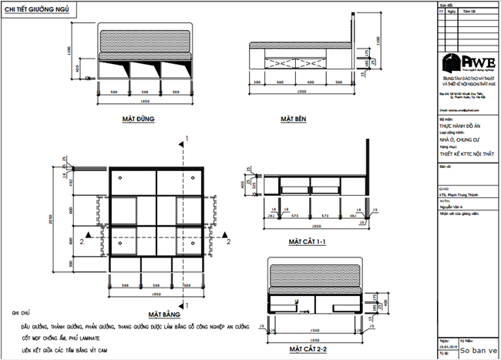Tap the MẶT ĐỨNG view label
point(139,119)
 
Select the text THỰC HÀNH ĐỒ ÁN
point(462,126)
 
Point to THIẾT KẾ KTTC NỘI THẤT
point(465,154)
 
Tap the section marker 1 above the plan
point(187,139)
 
